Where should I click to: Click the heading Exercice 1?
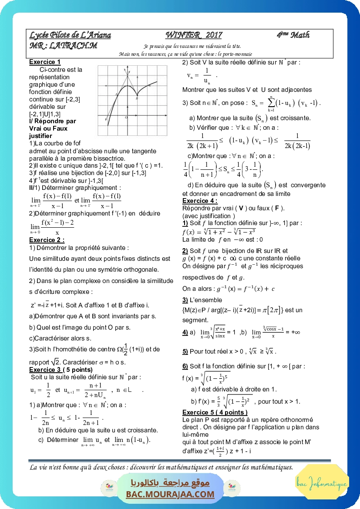click(x=45, y=62)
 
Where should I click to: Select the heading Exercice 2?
click(x=47, y=240)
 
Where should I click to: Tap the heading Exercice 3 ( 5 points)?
click(x=61, y=370)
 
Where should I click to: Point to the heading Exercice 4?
click(x=200, y=201)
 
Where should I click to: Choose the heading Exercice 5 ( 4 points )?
click(x=215, y=412)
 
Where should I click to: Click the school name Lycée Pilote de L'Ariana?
click(x=70, y=35)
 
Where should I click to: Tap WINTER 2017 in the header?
click(x=194, y=35)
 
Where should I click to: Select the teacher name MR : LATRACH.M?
click(x=63, y=45)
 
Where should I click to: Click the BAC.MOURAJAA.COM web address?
click(x=170, y=494)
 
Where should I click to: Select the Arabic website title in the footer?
click(x=170, y=483)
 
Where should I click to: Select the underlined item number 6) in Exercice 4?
click(x=185, y=366)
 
